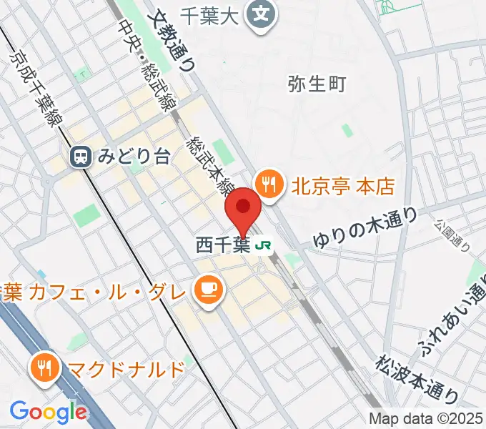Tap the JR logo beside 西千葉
(x=263, y=246)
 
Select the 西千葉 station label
(x=223, y=246)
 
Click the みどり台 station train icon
(x=81, y=157)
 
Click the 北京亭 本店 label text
(x=342, y=187)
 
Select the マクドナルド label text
(x=126, y=369)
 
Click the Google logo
(x=48, y=411)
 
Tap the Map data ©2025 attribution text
(x=426, y=420)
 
